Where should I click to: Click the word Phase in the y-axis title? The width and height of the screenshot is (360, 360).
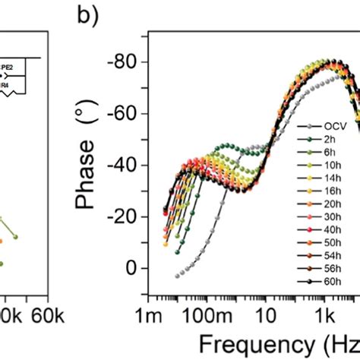point(92,176)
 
